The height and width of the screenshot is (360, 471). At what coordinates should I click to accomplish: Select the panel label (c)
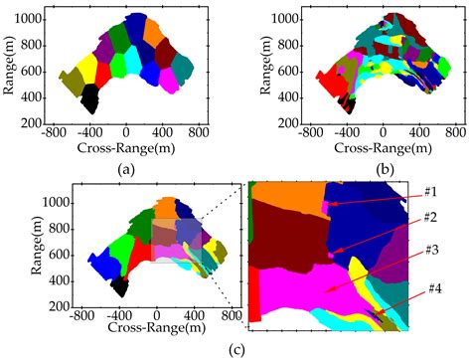coord(235,348)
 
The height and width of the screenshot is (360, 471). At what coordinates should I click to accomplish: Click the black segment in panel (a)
coord(90,98)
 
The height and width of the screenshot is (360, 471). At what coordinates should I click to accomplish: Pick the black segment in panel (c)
coord(120,286)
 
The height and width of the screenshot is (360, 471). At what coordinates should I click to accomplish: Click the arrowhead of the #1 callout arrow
coord(328,204)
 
